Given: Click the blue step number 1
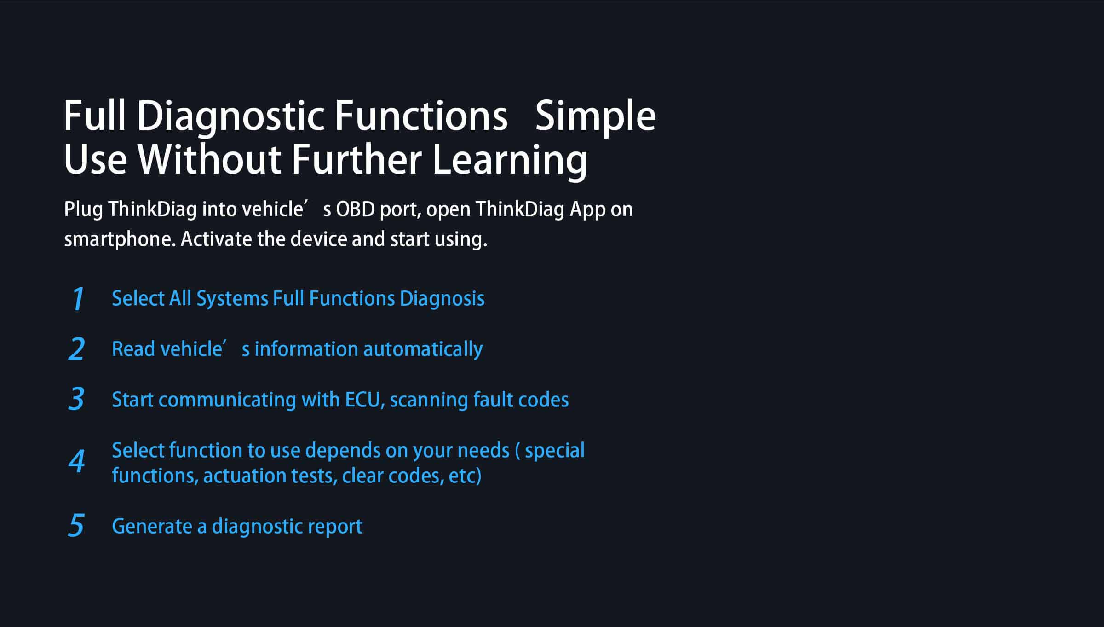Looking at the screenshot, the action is [x=78, y=298].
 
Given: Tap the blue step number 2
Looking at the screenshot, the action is [x=76, y=349].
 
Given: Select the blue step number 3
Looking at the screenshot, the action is [x=76, y=399].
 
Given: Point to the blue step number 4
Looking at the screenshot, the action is [x=77, y=460].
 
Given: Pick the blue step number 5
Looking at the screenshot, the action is [x=76, y=525].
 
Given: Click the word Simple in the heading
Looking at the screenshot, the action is [x=595, y=117].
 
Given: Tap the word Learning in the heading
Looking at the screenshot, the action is [x=510, y=160].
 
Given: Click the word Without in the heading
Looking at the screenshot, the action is [x=209, y=159].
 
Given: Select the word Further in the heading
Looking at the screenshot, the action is [x=356, y=159].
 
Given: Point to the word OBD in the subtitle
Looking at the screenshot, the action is [x=355, y=209].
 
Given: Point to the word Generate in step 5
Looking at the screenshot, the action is [x=152, y=526].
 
